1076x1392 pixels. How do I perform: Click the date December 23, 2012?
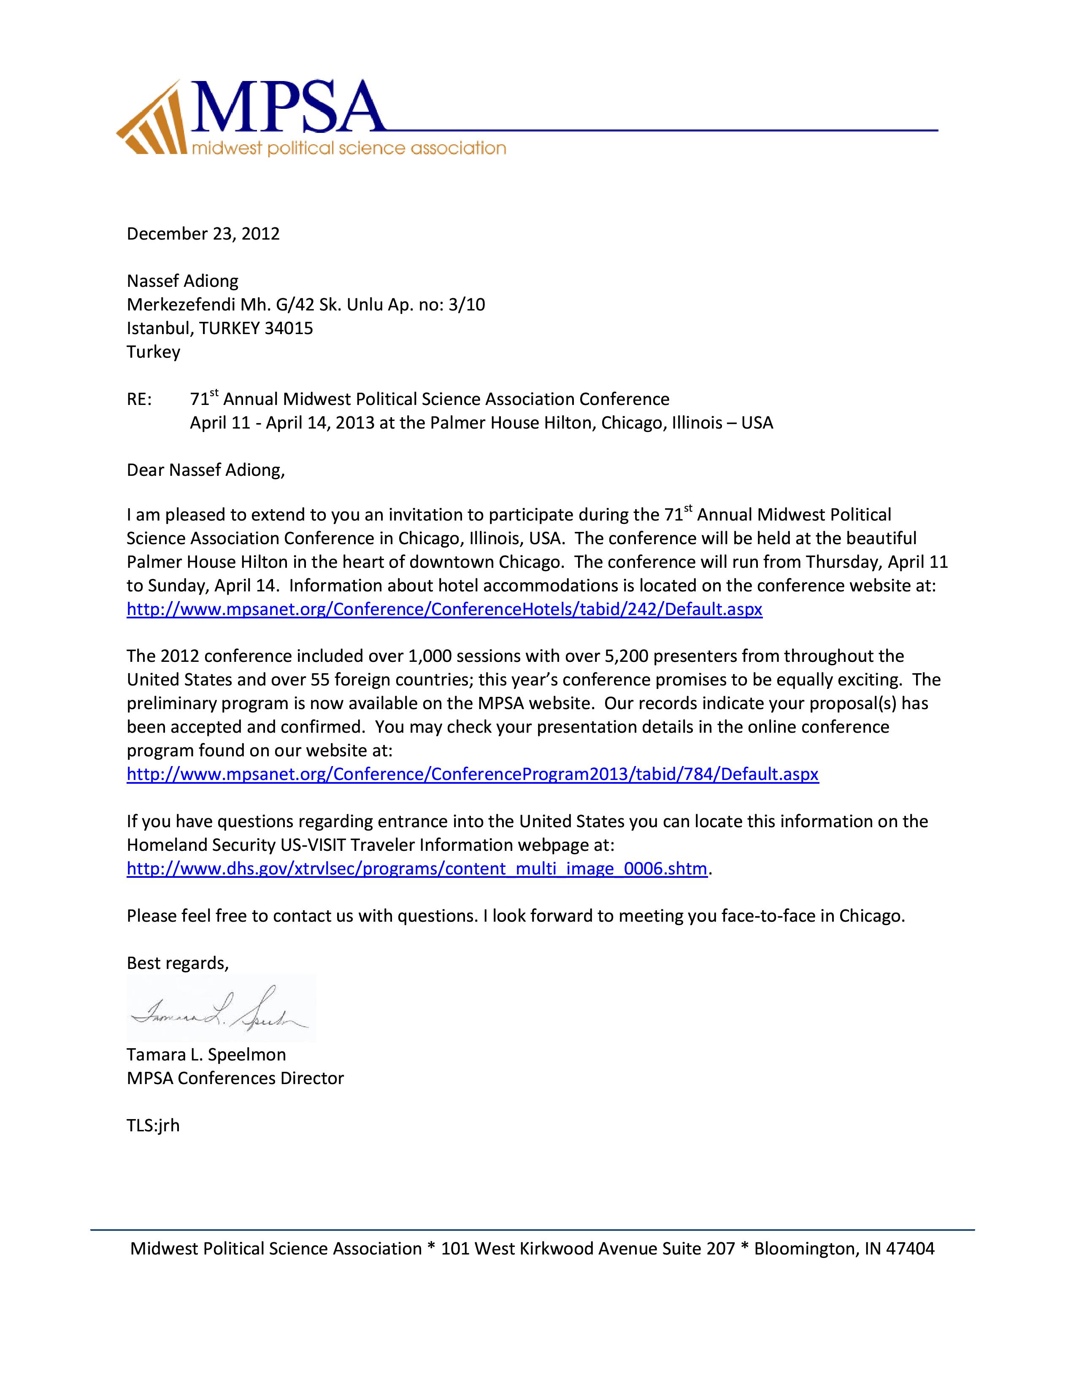(x=203, y=234)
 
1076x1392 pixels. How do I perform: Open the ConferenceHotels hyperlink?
(x=444, y=610)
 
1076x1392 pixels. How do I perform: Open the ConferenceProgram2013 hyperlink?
(x=472, y=774)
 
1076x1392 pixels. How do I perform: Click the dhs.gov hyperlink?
(x=417, y=869)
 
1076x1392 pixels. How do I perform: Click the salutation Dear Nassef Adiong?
(x=205, y=470)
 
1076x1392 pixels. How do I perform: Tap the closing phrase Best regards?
(x=177, y=963)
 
